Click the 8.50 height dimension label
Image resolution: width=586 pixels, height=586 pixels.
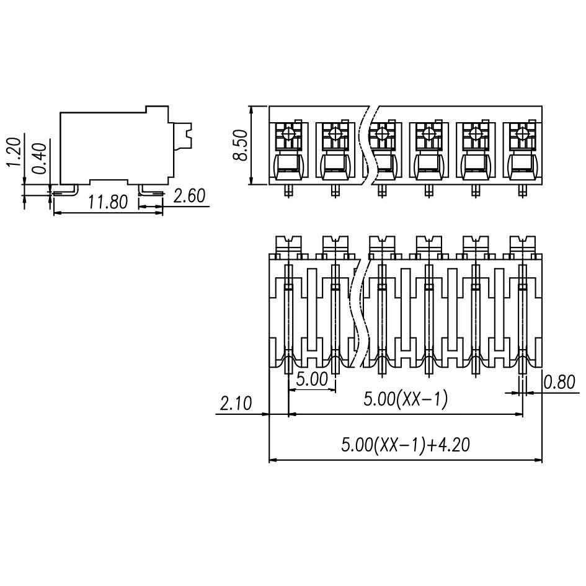pyautogui.click(x=240, y=146)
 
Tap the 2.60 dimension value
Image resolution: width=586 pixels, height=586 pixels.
pyautogui.click(x=189, y=197)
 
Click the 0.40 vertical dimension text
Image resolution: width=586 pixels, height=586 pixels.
pyautogui.click(x=38, y=158)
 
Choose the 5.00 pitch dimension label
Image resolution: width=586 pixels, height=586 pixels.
pyautogui.click(x=311, y=379)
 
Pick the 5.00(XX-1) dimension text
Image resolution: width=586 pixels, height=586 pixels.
pyautogui.click(x=406, y=400)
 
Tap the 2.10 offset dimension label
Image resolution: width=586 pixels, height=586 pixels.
pyautogui.click(x=236, y=404)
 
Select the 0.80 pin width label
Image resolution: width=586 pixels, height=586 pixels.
pyautogui.click(x=559, y=383)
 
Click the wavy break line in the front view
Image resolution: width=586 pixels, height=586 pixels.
pyautogui.click(x=370, y=146)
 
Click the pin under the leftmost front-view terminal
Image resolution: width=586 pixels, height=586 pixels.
pyautogui.click(x=289, y=191)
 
